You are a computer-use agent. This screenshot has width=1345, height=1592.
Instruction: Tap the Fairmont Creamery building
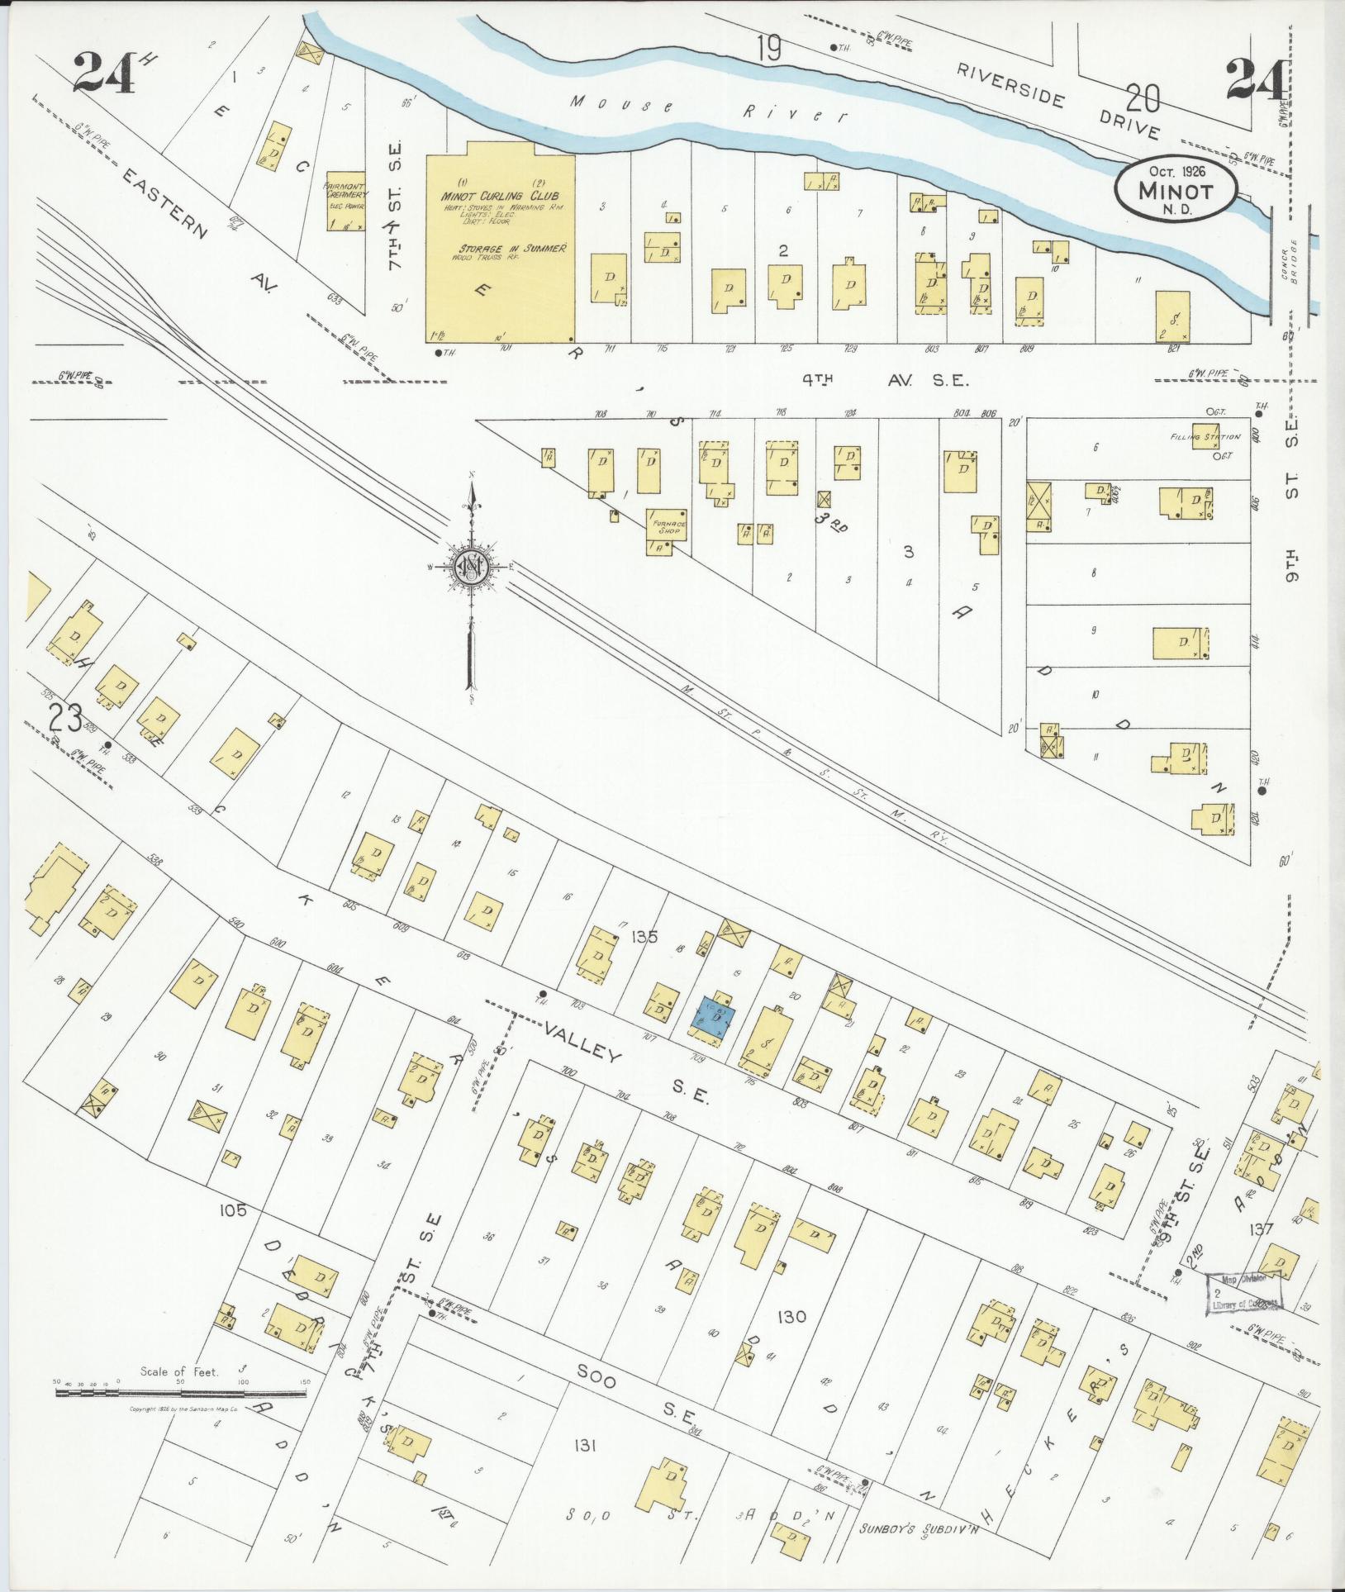point(345,202)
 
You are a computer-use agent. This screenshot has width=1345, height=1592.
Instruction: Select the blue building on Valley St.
point(715,1017)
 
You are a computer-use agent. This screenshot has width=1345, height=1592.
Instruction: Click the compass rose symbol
point(471,567)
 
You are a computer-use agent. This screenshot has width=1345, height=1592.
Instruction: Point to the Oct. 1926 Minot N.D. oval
point(1176,190)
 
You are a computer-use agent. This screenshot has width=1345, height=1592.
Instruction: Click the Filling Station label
point(1205,437)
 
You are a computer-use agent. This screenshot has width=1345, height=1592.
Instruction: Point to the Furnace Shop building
point(667,530)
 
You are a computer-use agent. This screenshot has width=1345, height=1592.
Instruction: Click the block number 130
point(791,1317)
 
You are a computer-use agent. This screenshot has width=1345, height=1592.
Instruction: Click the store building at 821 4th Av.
point(1172,316)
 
